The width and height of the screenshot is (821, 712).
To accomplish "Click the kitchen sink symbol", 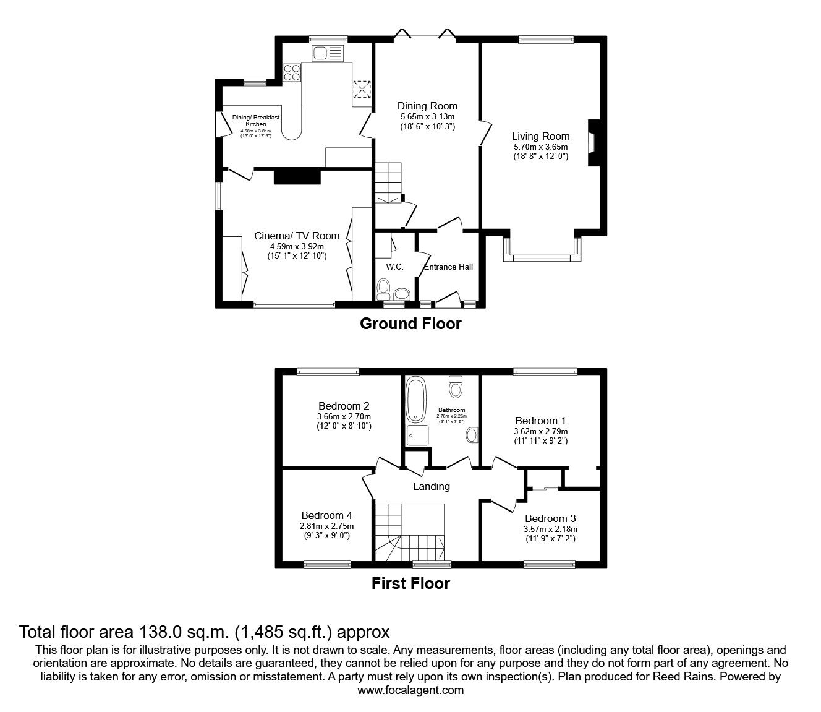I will pos(328,54).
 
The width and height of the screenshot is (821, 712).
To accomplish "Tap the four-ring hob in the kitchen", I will pos(292,74).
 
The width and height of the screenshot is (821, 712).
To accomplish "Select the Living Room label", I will pos(540,136).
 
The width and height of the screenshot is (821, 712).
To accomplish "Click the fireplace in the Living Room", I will pos(592,143).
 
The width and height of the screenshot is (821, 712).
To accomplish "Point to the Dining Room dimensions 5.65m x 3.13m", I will pos(427,116).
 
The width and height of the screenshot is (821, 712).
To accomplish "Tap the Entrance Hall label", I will pos(448,267).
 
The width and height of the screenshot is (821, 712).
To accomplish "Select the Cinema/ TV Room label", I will pos(297,236).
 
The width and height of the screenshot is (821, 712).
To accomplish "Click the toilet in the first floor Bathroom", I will pos(456,388).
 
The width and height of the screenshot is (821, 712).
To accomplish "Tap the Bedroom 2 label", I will pos(344,406).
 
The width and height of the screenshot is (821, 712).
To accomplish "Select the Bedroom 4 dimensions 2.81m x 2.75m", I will pos(326,526).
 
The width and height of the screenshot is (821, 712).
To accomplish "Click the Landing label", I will pos(431,486).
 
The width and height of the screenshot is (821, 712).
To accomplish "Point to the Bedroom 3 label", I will pos(550,518).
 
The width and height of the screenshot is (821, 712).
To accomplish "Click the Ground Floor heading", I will pos(410,324).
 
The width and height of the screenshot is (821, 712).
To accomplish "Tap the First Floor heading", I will pos(410,583).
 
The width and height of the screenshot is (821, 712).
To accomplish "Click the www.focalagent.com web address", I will pos(410,690).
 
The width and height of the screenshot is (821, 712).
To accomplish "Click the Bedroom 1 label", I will pos(540,421).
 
